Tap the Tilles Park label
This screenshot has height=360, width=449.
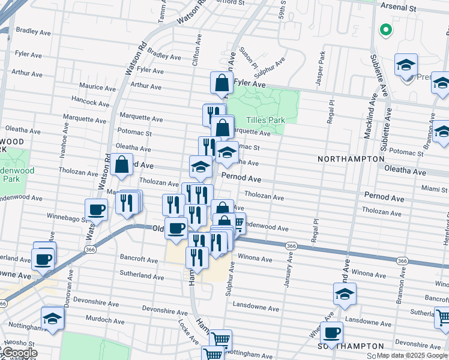point(268,120)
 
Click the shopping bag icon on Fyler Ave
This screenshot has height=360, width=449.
point(221,83)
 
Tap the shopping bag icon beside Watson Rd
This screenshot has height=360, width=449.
point(121,164)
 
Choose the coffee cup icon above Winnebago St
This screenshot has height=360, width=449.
point(96,210)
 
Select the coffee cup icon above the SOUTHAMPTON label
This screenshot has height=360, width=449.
point(331,332)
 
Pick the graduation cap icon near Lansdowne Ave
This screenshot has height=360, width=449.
point(345,294)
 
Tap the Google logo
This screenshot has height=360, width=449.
point(19,353)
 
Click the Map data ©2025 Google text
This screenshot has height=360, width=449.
point(412,355)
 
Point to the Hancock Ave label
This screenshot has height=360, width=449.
point(90,103)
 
